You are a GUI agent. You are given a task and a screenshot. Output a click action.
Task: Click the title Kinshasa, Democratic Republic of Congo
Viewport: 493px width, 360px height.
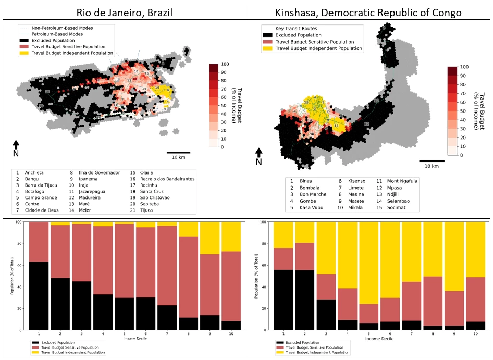coord(369,12)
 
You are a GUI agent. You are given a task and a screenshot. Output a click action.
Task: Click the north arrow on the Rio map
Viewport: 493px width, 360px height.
coord(16,145)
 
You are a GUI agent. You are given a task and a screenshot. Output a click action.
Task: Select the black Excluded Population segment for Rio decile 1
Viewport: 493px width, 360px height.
coord(39,296)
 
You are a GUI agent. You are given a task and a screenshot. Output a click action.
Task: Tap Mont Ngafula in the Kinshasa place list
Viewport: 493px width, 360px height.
coord(401,181)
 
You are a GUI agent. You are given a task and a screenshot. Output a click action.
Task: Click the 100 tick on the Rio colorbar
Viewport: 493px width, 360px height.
coord(224,64)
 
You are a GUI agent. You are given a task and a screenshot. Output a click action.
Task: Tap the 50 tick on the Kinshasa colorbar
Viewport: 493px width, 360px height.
coord(463,111)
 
